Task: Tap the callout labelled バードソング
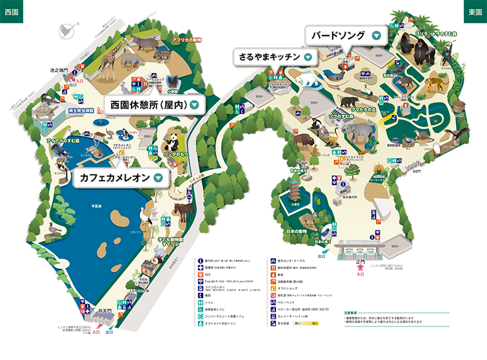tap(339, 36)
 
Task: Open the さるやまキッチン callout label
tap(270, 57)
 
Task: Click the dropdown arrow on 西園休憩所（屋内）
tap(193, 104)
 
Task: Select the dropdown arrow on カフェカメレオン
tap(157, 177)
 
